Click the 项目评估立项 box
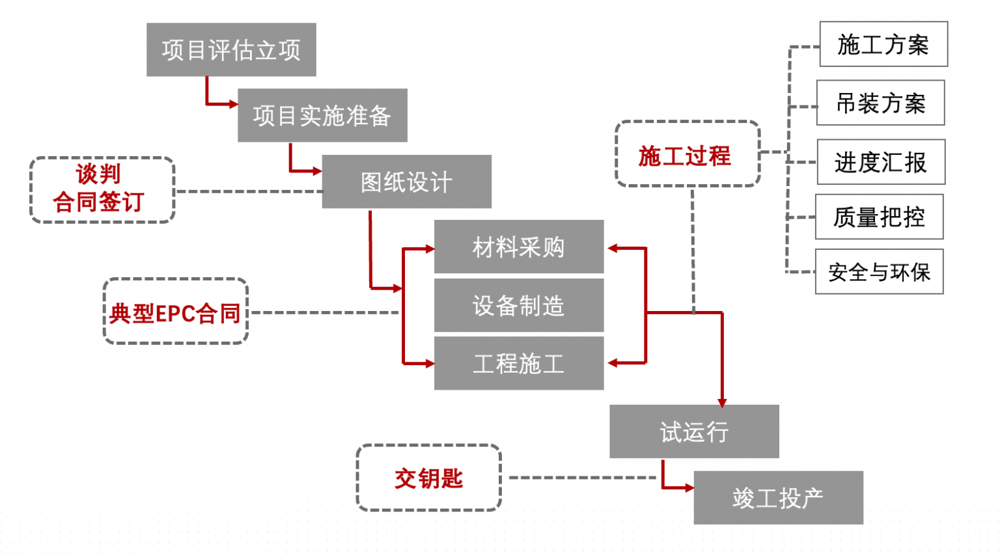tap(231, 50)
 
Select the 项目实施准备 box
tap(322, 116)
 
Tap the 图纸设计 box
tap(406, 182)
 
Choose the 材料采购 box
tap(518, 247)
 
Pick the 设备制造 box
tap(518, 305)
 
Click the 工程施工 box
tap(518, 363)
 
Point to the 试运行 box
tap(694, 431)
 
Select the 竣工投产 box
tap(778, 498)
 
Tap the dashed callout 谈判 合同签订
tap(102, 189)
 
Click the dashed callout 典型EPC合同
tap(176, 312)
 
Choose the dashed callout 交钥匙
tap(428, 478)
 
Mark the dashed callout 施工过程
tap(687, 154)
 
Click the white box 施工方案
tap(883, 44)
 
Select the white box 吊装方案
tap(880, 103)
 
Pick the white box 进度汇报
tap(880, 162)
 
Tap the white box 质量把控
tap(879, 217)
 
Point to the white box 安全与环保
tap(879, 271)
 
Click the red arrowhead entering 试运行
tap(722, 402)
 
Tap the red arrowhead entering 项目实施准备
tap(233, 104)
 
